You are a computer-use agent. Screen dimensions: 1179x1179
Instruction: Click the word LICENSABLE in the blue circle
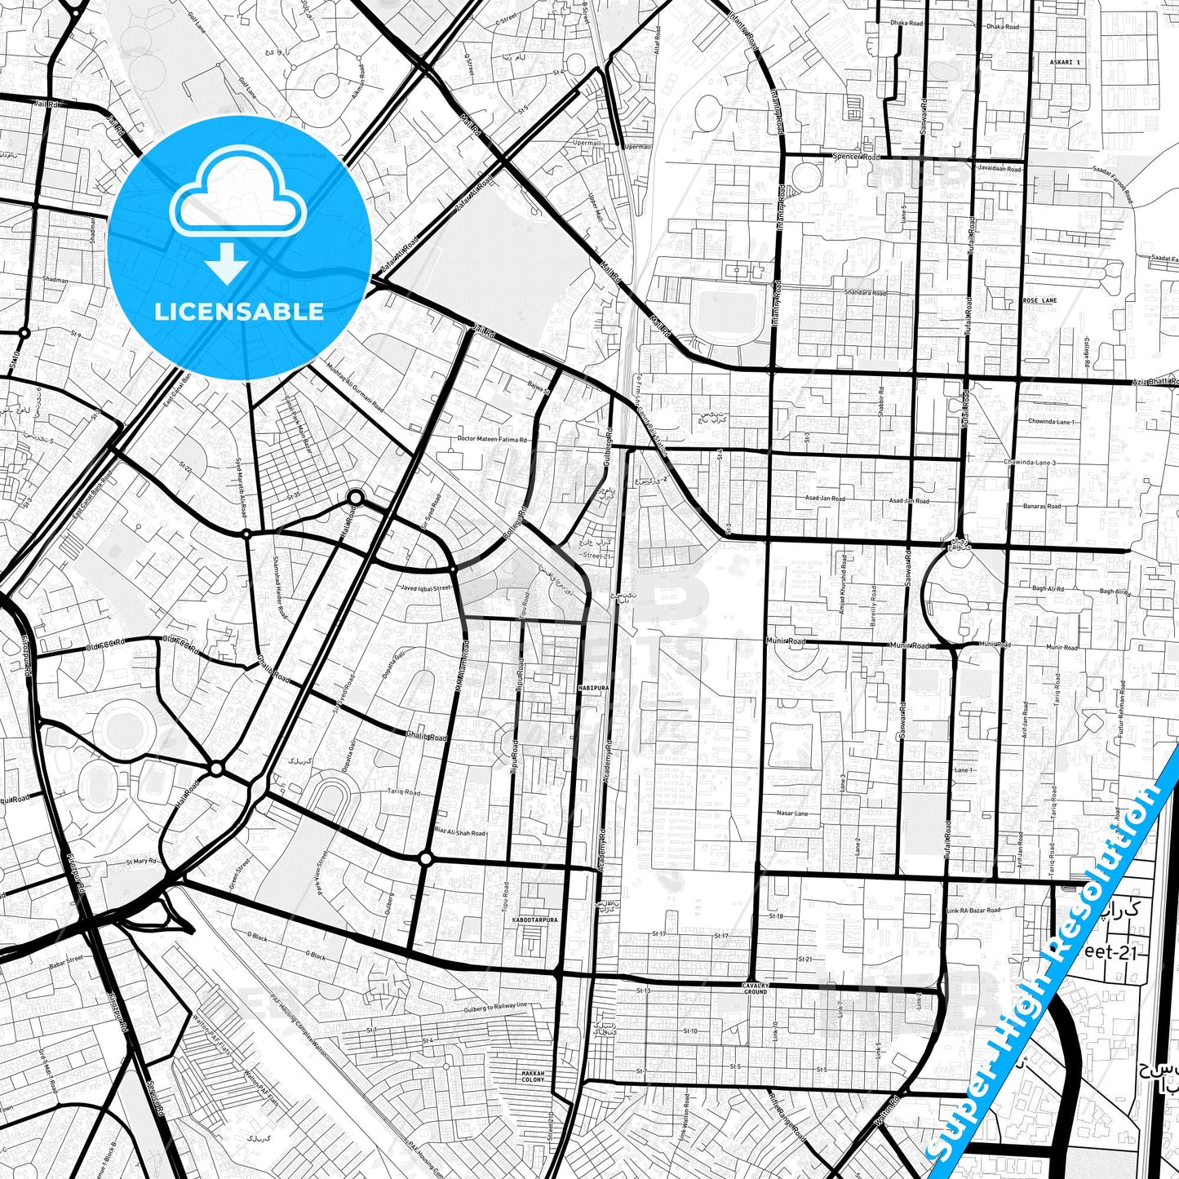tap(239, 312)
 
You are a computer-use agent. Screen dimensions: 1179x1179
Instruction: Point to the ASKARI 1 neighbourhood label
tap(1066, 62)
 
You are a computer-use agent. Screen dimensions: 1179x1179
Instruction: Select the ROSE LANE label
tap(1039, 301)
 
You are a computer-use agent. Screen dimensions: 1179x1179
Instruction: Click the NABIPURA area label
tap(593, 688)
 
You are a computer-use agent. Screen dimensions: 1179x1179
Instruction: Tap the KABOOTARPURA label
tap(534, 920)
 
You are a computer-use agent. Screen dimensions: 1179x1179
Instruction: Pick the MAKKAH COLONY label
tap(533, 1076)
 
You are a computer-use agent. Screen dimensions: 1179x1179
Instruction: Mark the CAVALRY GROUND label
tap(755, 987)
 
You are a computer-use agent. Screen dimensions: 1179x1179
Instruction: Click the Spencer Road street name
tap(856, 157)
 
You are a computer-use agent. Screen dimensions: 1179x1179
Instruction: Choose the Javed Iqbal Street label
tap(425, 587)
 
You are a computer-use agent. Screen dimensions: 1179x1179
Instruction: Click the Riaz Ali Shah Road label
tap(461, 833)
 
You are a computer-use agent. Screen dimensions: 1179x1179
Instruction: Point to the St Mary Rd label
tap(140, 862)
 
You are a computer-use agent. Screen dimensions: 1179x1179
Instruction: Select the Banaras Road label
tap(1042, 506)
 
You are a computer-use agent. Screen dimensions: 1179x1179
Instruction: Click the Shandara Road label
tap(865, 293)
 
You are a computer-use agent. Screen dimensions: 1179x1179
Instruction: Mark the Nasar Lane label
tap(792, 813)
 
